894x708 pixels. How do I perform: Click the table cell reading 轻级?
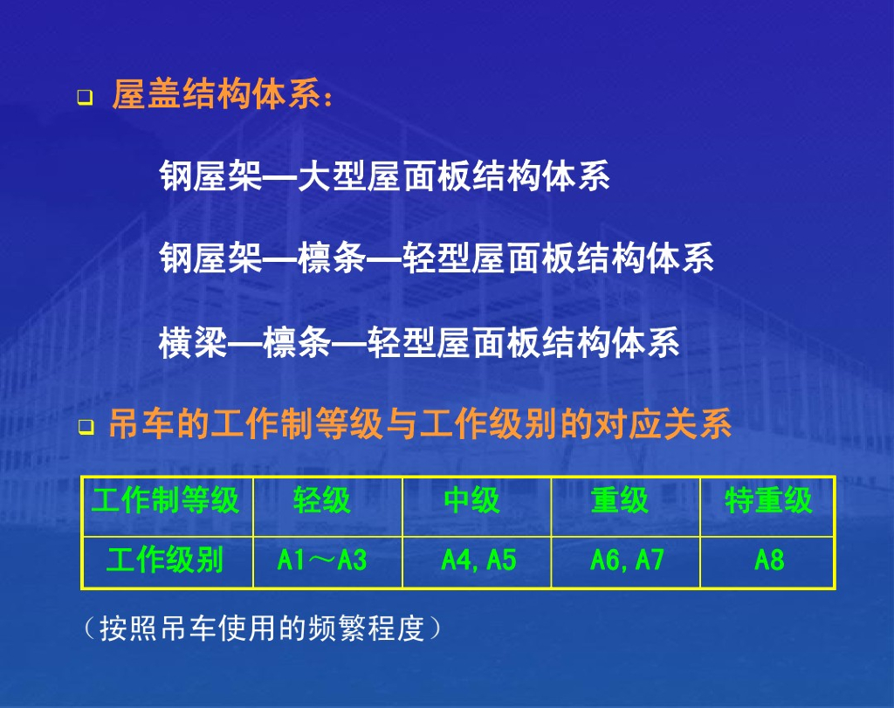pyautogui.click(x=328, y=506)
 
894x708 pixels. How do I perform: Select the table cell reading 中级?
pyautogui.click(x=477, y=506)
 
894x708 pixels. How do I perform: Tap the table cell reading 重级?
pyautogui.click(x=625, y=506)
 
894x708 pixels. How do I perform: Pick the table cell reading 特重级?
pyautogui.click(x=767, y=506)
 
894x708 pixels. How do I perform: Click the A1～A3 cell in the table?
pyautogui.click(x=328, y=562)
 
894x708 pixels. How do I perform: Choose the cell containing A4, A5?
pyautogui.click(x=477, y=562)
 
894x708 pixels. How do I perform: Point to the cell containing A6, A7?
pyautogui.click(x=625, y=562)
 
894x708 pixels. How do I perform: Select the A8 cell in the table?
pyautogui.click(x=767, y=562)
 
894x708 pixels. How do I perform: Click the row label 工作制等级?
pyautogui.click(x=168, y=506)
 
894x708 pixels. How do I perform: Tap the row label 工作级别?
pyautogui.click(x=168, y=562)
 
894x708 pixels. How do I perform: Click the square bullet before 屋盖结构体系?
pyautogui.click(x=85, y=98)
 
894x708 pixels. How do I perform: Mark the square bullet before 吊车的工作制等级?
pyautogui.click(x=86, y=427)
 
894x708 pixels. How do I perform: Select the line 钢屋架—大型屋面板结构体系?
pyautogui.click(x=385, y=175)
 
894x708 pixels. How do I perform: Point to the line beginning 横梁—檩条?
pyautogui.click(x=419, y=342)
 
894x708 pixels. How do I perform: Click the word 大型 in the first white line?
pyautogui.click(x=331, y=175)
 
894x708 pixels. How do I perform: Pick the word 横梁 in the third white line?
pyautogui.click(x=193, y=342)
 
